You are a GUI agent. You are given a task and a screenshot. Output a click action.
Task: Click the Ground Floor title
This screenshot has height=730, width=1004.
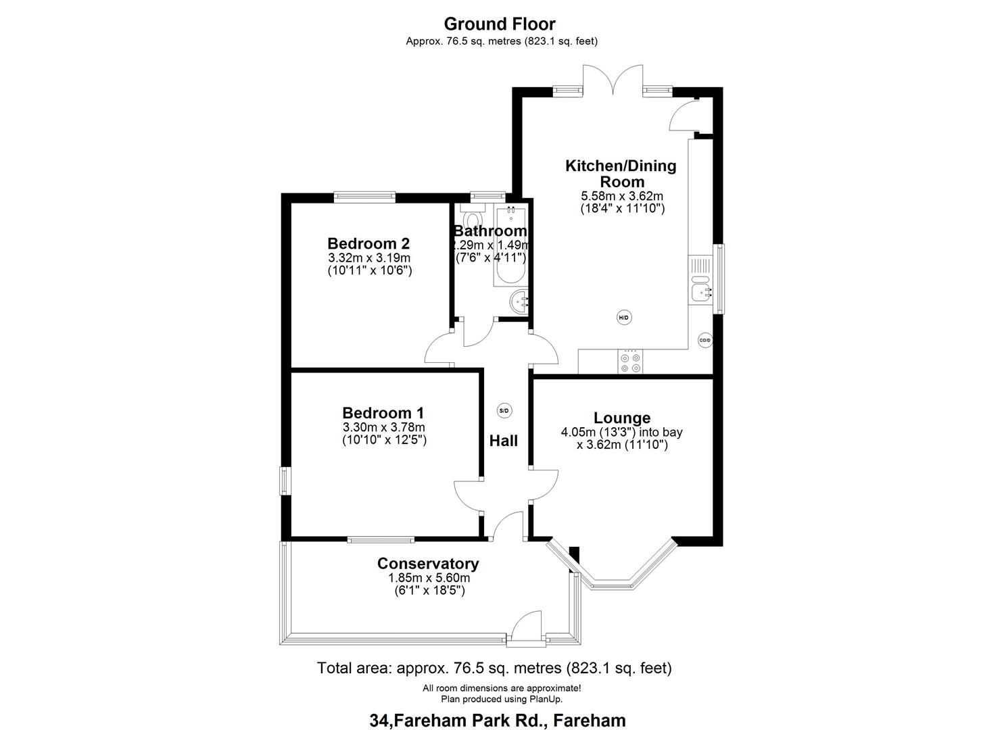click(500, 24)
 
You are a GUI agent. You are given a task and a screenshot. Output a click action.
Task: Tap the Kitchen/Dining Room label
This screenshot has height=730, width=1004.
click(621, 174)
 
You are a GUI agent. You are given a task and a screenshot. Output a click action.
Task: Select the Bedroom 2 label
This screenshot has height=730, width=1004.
click(368, 243)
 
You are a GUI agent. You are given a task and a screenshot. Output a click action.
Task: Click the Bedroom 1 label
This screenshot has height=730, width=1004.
click(383, 413)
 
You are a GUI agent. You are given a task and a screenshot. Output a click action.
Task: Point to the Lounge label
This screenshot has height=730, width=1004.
click(621, 418)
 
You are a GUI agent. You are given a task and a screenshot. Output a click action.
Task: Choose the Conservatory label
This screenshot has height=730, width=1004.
click(428, 564)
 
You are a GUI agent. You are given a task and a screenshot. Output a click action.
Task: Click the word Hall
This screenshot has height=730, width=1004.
click(504, 441)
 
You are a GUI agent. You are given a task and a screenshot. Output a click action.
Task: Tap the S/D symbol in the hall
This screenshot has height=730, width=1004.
click(504, 410)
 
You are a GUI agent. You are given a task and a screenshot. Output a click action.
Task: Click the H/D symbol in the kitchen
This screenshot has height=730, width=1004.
click(623, 317)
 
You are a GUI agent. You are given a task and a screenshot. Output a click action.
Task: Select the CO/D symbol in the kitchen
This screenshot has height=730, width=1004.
click(704, 341)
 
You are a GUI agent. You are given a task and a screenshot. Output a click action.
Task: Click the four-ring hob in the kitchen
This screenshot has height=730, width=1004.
click(630, 362)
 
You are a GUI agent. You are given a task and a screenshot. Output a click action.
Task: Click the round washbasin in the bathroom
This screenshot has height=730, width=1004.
click(519, 301)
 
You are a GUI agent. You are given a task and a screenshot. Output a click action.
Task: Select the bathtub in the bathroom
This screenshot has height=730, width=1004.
click(510, 247)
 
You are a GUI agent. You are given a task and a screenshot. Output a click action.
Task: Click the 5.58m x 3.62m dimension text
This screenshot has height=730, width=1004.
click(621, 196)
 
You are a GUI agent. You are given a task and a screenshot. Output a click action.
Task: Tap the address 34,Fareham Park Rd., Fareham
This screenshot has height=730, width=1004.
click(498, 721)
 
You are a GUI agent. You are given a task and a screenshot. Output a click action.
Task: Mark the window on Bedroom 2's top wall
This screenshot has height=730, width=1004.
click(364, 197)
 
